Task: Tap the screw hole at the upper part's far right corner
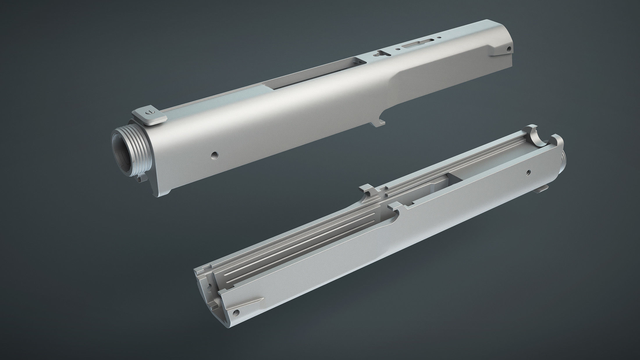click(509, 49)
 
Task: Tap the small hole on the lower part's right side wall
click(528, 172)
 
